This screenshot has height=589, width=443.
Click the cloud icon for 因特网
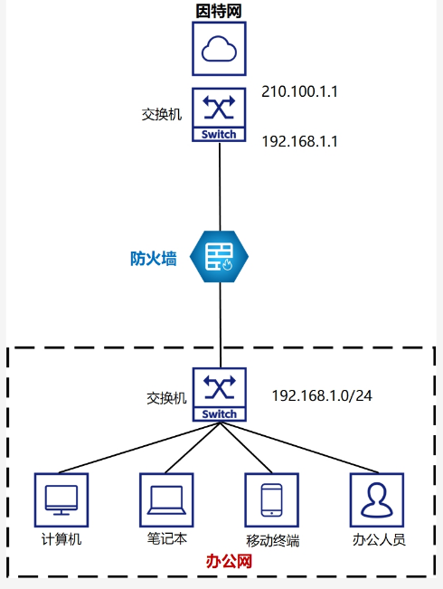[220, 49]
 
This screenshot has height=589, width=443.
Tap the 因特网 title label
[219, 11]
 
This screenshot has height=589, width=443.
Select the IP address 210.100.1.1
[299, 91]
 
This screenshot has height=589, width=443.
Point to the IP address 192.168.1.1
[299, 142]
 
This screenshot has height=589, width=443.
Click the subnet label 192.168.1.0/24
[322, 395]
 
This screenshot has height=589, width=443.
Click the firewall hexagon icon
[220, 257]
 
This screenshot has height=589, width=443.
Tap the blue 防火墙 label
[153, 259]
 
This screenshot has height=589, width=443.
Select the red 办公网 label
[229, 561]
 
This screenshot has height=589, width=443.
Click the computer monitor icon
[61, 500]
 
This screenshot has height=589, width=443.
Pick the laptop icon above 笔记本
[166, 500]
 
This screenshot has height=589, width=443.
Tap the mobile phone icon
[272, 500]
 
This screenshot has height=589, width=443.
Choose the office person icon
[377, 500]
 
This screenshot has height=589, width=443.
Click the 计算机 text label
[61, 539]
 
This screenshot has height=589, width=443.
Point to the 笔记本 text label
[166, 538]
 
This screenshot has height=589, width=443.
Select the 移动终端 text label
[272, 540]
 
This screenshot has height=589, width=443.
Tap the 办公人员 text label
[379, 539]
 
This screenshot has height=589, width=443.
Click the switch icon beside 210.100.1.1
[220, 115]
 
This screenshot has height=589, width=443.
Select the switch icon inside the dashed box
[220, 394]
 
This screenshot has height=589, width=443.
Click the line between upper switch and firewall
[220, 186]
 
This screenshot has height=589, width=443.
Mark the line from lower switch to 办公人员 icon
[299, 447]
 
